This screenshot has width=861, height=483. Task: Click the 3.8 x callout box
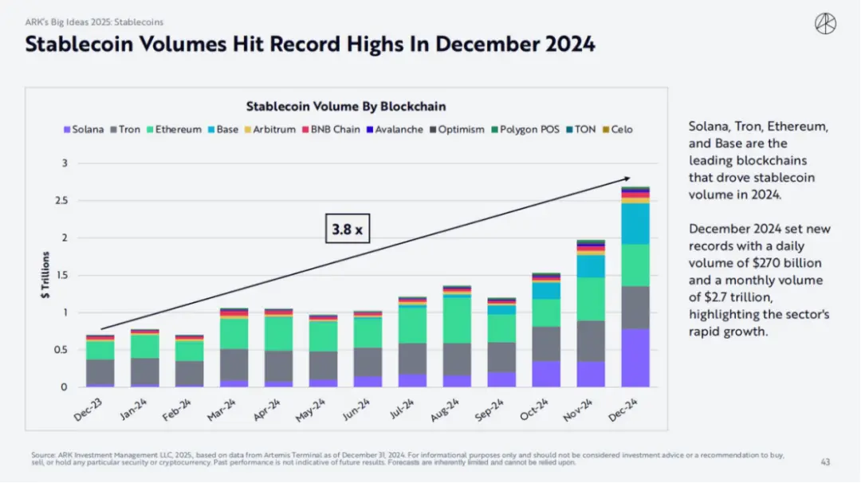347,230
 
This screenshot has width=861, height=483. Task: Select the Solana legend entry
83,129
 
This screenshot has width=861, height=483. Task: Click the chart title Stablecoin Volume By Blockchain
345,106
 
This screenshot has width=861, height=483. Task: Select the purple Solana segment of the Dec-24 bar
635,358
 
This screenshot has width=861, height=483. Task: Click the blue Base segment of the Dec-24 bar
635,223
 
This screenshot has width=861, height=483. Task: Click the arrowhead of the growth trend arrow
628,179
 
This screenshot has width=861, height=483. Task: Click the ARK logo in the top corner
825,24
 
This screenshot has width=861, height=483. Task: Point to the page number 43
825,461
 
